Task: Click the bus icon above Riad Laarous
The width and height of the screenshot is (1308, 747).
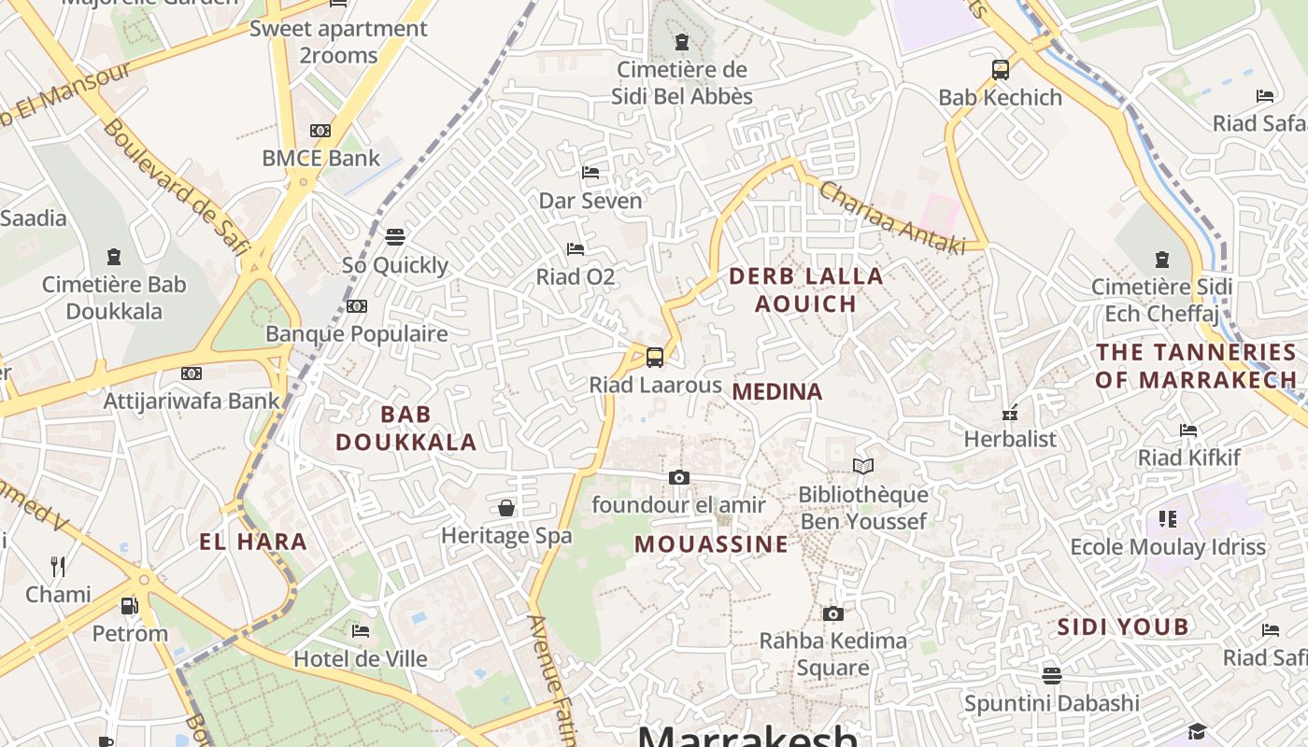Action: [x=655, y=357]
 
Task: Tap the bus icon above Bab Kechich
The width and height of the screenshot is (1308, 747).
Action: [x=1001, y=69]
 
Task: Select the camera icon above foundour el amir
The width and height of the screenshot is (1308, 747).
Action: [x=679, y=477]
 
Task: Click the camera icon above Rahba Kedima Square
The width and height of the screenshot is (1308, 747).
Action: [x=832, y=613]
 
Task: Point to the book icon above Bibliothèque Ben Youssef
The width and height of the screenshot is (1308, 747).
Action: [x=863, y=466]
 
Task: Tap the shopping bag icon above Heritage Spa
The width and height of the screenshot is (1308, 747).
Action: [x=506, y=508]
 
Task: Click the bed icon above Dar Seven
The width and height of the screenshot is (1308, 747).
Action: [x=590, y=173]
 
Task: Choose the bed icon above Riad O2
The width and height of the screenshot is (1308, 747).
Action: [x=576, y=249]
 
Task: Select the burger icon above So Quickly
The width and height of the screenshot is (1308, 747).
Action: [x=395, y=237]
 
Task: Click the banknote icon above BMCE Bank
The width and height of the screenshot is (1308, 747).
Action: [x=320, y=131]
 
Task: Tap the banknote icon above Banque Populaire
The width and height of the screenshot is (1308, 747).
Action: [x=356, y=306]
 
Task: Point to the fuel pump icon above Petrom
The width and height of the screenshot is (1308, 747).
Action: [x=130, y=606]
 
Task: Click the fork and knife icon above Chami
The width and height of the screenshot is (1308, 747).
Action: [x=58, y=566]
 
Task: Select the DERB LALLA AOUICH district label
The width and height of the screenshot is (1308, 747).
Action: [x=805, y=289]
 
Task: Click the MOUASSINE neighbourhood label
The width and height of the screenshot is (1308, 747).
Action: [x=712, y=544]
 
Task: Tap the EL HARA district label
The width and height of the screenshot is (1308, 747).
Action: [x=253, y=542]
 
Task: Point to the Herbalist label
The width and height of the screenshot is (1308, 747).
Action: [x=1010, y=439]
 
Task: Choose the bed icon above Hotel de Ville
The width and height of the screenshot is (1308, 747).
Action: [x=361, y=630]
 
